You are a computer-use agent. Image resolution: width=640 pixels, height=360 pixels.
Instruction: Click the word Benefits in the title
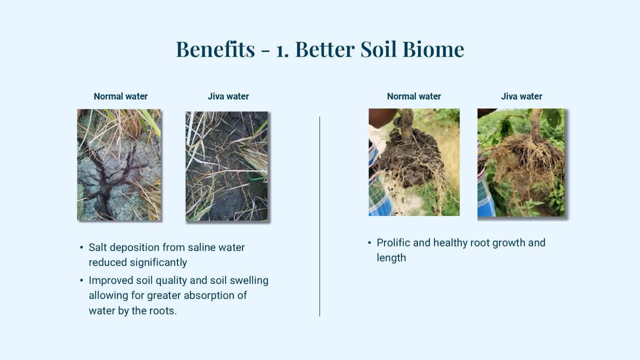215,49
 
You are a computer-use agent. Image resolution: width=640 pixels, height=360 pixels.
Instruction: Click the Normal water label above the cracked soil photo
120,96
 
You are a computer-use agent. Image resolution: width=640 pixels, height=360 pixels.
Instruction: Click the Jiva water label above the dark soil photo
228,96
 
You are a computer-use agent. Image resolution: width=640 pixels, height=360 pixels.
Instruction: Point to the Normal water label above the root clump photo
413,96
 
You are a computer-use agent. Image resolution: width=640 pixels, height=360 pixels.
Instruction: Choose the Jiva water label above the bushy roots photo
521,96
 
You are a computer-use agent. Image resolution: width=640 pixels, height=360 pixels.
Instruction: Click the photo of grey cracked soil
119,164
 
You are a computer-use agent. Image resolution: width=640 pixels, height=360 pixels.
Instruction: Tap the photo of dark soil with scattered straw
226,166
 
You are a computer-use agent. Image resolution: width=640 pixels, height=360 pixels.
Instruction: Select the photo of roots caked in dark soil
414,162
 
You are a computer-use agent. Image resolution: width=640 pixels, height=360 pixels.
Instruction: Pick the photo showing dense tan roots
521,162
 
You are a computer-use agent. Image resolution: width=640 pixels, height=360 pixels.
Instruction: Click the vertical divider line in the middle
319,216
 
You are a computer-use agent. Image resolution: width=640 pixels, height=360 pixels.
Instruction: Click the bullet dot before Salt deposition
81,247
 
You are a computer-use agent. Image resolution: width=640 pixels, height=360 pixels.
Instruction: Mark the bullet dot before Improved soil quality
81,280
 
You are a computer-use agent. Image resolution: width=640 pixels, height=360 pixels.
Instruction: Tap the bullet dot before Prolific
369,243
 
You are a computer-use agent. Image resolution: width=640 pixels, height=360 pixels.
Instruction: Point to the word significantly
158,262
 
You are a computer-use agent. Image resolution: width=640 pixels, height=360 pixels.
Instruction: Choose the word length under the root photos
391,257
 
